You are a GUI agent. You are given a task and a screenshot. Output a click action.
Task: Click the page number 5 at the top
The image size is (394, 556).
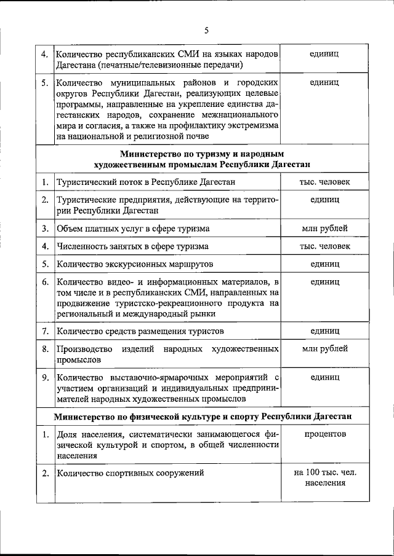[x=207, y=29]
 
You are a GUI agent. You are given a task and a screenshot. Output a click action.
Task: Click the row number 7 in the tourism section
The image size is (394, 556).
[x=45, y=332]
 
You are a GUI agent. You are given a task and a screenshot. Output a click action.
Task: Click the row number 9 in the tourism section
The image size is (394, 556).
[x=45, y=377]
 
